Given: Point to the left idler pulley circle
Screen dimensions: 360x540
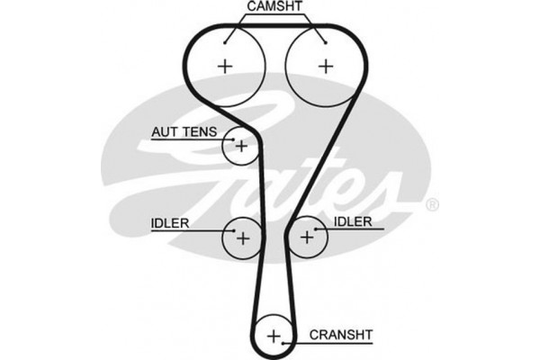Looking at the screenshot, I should click(x=241, y=237).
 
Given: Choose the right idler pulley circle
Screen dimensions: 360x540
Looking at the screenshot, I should click(x=308, y=237).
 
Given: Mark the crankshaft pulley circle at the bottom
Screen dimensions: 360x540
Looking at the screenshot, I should click(x=274, y=337).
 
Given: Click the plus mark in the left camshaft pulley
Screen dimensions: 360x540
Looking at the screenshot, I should click(x=224, y=65).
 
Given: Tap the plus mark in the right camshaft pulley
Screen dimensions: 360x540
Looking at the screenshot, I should click(x=325, y=65).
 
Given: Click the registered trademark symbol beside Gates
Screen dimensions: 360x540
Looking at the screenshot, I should click(x=432, y=205).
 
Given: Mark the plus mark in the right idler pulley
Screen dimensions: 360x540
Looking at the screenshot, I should click(x=308, y=238).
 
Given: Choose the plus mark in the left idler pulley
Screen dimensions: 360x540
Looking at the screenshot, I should click(x=241, y=238).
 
